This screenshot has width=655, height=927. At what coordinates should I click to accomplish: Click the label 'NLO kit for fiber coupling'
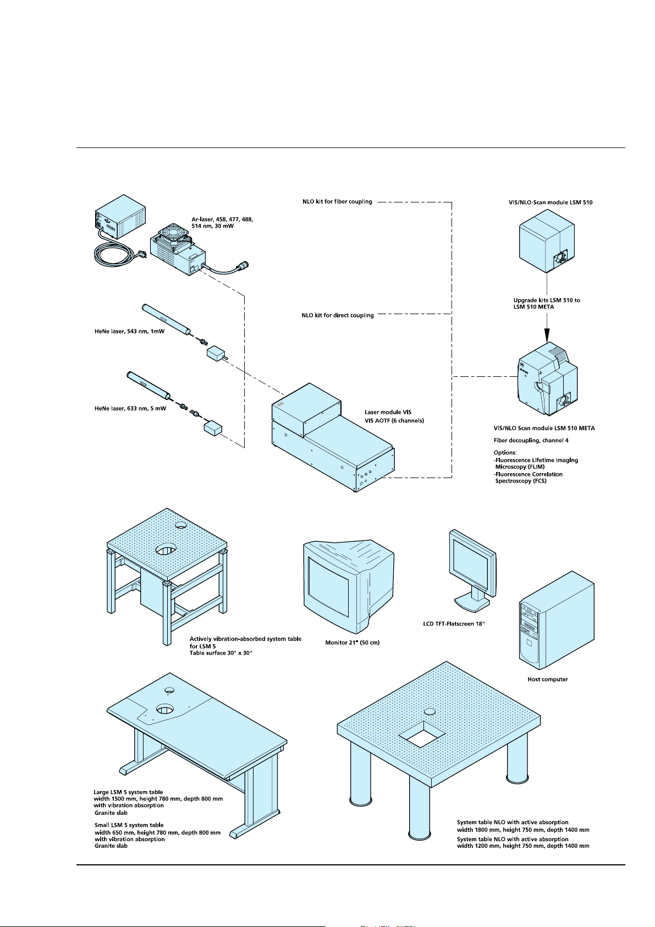(x=337, y=201)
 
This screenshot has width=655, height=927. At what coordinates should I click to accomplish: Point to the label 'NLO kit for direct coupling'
(x=338, y=315)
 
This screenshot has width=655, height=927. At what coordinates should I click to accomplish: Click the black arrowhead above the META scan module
(x=547, y=334)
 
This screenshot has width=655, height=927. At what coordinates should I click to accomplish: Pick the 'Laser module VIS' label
(x=388, y=412)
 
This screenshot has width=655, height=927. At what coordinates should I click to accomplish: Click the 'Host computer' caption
(x=547, y=679)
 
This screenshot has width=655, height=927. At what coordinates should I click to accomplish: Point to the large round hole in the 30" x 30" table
(x=166, y=549)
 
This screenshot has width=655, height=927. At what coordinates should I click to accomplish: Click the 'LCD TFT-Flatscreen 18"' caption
(x=454, y=624)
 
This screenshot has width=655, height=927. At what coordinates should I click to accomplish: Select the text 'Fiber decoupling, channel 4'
(x=531, y=440)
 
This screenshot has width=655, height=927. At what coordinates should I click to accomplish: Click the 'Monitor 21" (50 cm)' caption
(x=352, y=643)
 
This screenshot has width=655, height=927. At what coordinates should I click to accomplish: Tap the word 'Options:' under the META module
(x=505, y=452)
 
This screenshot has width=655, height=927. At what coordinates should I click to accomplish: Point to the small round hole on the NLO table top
(x=430, y=711)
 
